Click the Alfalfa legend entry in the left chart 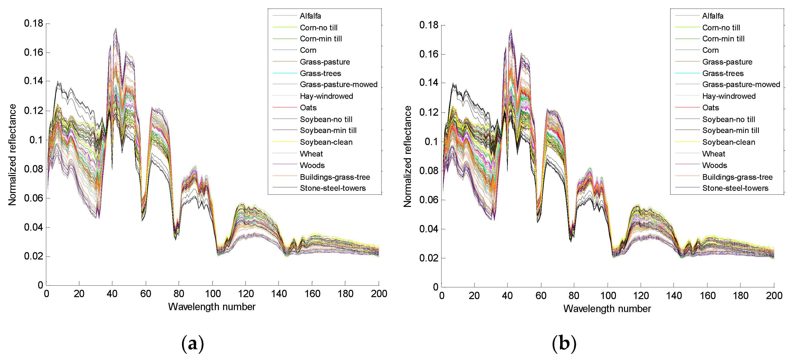(x=310, y=16)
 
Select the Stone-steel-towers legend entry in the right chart (x=735, y=188)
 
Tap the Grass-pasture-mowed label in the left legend (x=338, y=85)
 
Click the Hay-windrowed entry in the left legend (x=326, y=96)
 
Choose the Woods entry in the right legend (x=715, y=165)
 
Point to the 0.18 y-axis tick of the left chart (x=34, y=23)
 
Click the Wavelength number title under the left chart (x=212, y=307)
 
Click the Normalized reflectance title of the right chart (x=407, y=157)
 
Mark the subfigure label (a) (x=193, y=343)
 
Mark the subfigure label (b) (x=564, y=343)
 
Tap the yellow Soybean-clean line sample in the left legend (x=284, y=142)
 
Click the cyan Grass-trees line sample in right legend (x=687, y=73)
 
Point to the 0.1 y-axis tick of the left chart (x=36, y=140)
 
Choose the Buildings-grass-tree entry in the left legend (x=335, y=177)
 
